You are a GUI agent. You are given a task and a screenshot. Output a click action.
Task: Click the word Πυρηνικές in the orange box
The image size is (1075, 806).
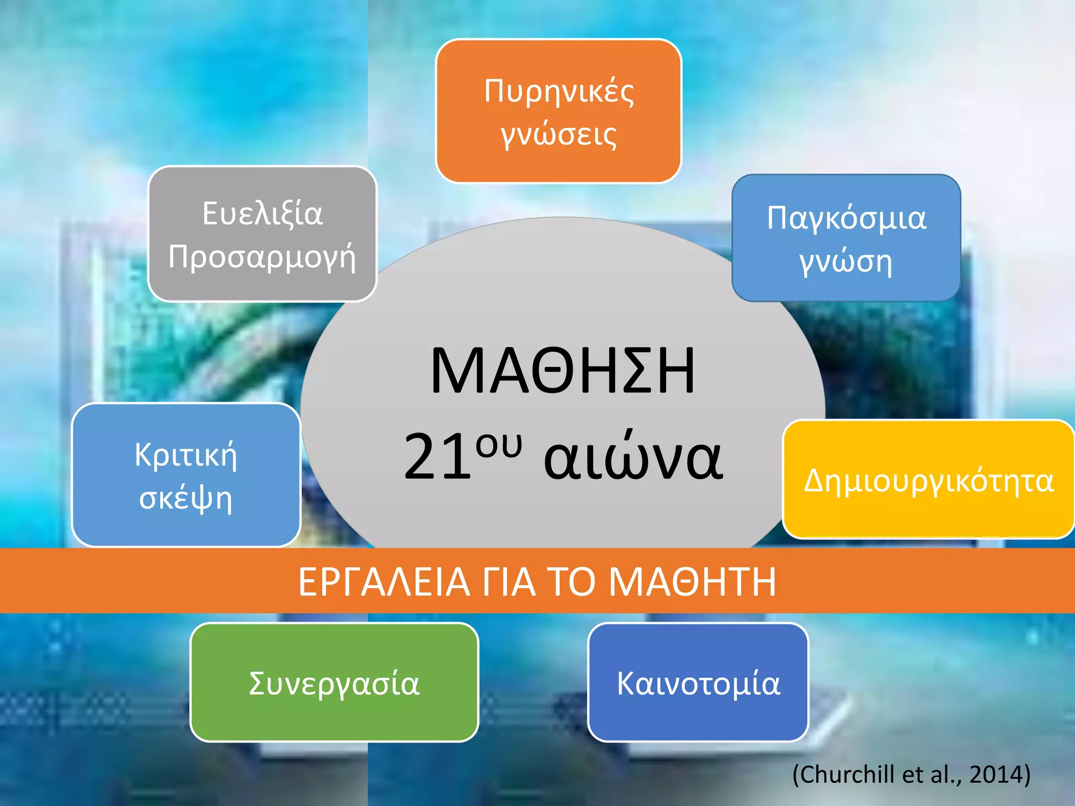click(x=558, y=92)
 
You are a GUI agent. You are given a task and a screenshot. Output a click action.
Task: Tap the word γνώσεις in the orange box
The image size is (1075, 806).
click(x=558, y=135)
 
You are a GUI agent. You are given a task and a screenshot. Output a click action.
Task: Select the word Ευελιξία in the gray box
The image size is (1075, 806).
click(x=262, y=214)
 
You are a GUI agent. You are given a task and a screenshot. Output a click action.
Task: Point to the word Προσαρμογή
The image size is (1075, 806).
click(x=262, y=258)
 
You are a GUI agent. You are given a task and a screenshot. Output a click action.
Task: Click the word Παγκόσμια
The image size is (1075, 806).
click(x=846, y=218)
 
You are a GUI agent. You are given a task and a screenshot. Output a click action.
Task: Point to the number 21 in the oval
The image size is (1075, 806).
click(x=437, y=457)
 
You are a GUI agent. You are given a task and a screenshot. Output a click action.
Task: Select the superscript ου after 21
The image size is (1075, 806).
click(x=499, y=445)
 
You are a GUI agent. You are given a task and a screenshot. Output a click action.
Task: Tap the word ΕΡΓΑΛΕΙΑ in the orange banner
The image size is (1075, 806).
click(x=384, y=582)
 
